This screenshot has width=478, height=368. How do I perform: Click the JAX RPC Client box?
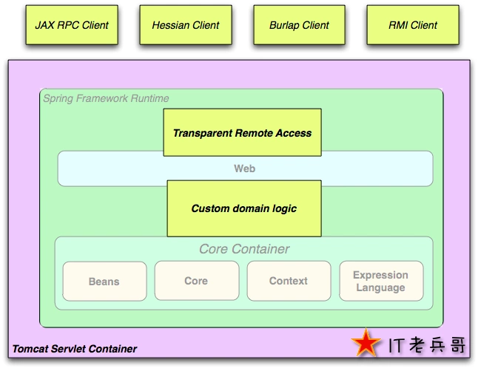(x=72, y=25)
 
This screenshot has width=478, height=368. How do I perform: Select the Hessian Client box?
(x=186, y=25)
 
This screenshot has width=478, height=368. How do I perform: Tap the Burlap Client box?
(x=299, y=25)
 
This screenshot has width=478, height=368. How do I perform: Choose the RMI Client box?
(x=413, y=25)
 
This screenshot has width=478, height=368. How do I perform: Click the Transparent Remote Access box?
(x=242, y=133)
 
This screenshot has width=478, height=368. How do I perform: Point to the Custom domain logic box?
(x=243, y=208)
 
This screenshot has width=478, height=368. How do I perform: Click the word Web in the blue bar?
(x=244, y=168)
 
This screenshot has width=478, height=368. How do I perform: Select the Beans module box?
(x=104, y=282)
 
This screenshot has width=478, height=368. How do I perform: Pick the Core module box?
(x=196, y=281)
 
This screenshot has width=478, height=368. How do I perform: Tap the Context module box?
(x=289, y=281)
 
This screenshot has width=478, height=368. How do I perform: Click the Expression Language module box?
(x=381, y=281)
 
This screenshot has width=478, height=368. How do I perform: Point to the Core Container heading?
(x=244, y=249)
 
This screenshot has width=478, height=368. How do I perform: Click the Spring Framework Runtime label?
(x=106, y=98)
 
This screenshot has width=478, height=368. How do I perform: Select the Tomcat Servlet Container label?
(x=75, y=349)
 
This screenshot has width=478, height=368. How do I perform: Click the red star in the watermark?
(x=366, y=344)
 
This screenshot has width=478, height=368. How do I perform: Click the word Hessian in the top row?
(x=171, y=25)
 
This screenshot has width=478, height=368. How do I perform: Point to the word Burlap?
(x=285, y=25)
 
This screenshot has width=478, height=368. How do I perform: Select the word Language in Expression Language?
(x=381, y=287)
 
